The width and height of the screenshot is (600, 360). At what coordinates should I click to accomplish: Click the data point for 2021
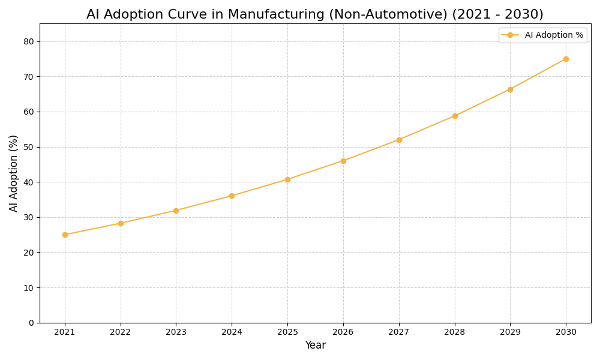(x=65, y=235)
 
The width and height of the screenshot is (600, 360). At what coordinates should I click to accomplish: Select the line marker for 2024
(x=232, y=196)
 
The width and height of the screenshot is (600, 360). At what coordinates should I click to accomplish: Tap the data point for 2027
(x=399, y=140)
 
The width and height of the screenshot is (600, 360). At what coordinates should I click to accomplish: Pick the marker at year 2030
(x=566, y=59)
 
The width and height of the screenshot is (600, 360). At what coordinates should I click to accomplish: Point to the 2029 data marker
(x=510, y=89)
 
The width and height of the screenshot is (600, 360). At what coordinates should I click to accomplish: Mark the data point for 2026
(x=343, y=161)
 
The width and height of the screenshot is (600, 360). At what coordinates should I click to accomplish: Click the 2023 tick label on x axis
(x=176, y=332)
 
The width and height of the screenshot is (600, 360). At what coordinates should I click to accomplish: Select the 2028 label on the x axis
(x=455, y=332)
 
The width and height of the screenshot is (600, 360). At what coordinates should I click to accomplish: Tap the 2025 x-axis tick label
(x=287, y=332)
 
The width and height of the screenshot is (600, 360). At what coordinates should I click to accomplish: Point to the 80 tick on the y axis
(x=29, y=41)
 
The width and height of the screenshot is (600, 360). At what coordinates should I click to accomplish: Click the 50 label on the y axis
(x=29, y=147)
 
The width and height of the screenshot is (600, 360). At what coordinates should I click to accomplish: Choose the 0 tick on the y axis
(x=31, y=323)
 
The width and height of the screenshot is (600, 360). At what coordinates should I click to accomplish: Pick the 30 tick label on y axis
(x=29, y=217)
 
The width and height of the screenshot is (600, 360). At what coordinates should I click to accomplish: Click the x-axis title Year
(x=315, y=346)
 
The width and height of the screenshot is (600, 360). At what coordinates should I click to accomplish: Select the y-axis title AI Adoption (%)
(x=14, y=173)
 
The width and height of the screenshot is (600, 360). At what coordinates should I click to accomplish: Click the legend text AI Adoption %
(x=554, y=35)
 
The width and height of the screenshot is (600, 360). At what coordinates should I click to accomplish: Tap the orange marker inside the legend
(x=510, y=35)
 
